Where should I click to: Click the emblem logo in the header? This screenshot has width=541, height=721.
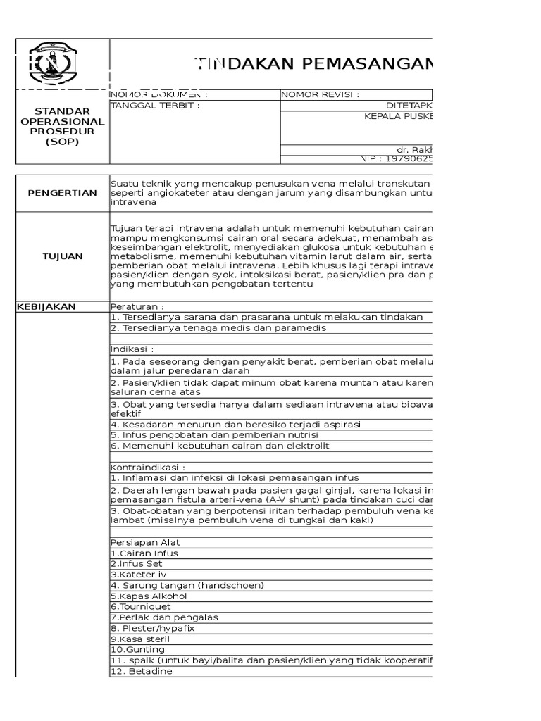[x=54, y=64]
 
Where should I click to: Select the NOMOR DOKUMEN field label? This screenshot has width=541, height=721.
[x=159, y=95]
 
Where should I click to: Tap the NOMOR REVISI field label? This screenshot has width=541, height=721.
[x=321, y=95]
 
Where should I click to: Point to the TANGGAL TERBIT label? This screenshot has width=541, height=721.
[x=155, y=106]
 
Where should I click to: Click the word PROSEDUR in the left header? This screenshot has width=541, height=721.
[x=63, y=132]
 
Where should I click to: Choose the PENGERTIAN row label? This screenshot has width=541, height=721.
[x=63, y=193]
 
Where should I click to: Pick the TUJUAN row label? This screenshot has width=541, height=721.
[x=63, y=256]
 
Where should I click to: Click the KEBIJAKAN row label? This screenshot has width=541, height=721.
[x=46, y=307]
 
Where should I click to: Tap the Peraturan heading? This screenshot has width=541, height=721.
[x=137, y=307]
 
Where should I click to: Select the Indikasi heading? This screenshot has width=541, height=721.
[x=132, y=349]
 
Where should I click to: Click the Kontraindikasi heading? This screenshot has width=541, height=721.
[x=148, y=467]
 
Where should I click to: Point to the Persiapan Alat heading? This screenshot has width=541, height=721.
[x=144, y=543]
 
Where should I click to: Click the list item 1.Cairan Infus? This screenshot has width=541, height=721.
[x=144, y=553]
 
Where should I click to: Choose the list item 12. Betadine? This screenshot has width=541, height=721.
[x=141, y=671]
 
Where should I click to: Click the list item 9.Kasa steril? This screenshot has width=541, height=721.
[x=139, y=639]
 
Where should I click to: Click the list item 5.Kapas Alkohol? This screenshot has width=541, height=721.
[x=144, y=596]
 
